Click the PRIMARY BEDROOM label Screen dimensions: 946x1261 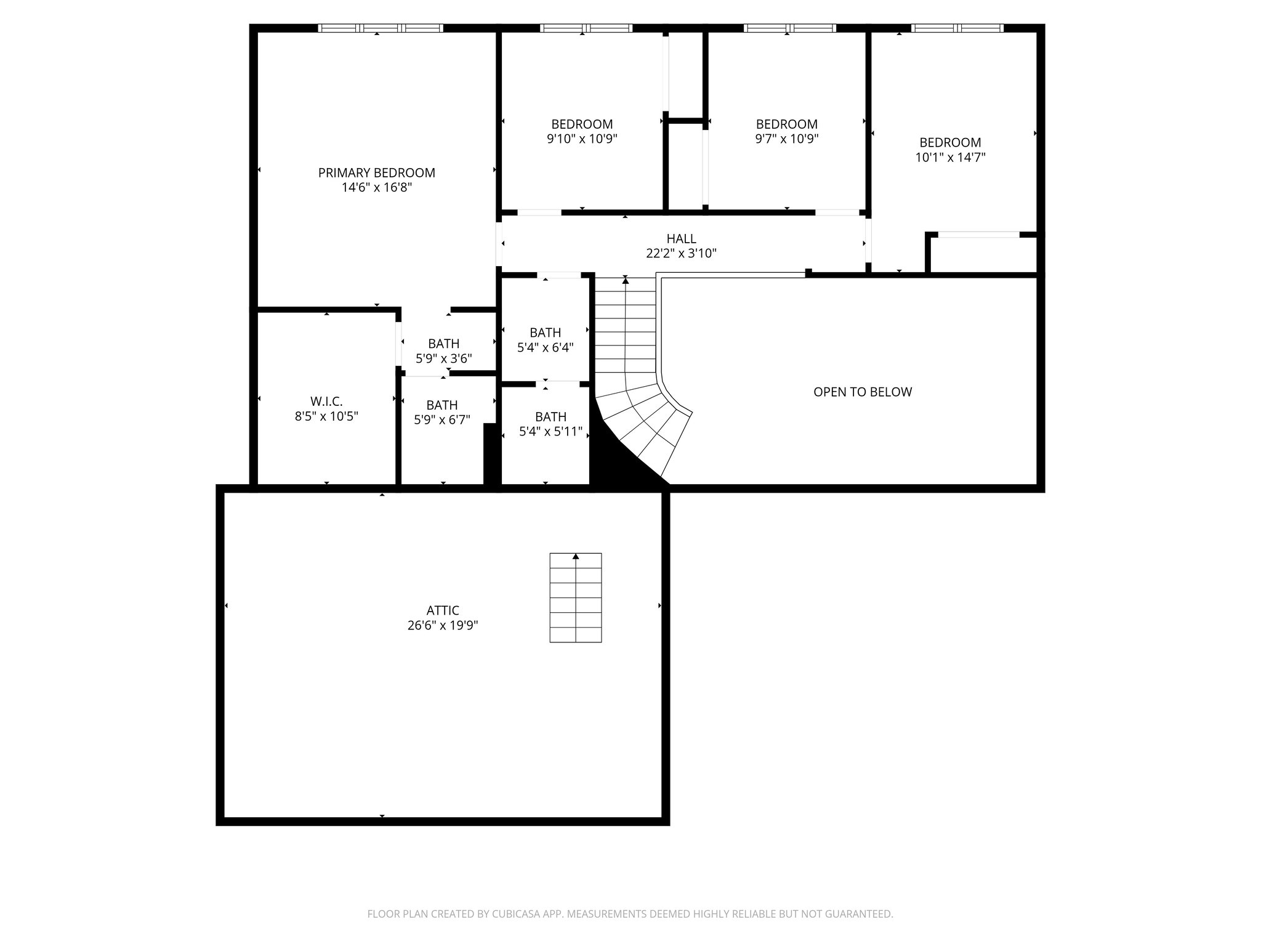[x=376, y=173]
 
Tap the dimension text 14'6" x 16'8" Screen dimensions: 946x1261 [x=376, y=188]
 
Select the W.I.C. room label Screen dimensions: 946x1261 [x=326, y=402]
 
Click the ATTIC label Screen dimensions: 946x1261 [x=443, y=610]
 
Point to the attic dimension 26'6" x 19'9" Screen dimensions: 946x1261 [x=443, y=626]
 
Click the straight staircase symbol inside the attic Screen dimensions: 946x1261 [x=575, y=597]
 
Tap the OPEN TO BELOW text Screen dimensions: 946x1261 [x=862, y=392]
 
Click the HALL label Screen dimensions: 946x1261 [x=681, y=238]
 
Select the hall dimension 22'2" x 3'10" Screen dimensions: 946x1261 [x=681, y=253]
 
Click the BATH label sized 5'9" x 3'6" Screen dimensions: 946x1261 [x=443, y=344]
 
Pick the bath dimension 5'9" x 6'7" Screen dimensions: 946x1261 [x=442, y=420]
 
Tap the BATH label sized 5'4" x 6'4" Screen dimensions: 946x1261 [x=545, y=333]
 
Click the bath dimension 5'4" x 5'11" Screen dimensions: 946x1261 [x=550, y=432]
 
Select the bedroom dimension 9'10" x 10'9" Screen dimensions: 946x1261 [x=582, y=139]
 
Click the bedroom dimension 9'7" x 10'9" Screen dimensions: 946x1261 [x=786, y=139]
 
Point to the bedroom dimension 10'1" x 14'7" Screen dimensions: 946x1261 [x=950, y=158]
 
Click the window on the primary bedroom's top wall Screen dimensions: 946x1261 [x=380, y=28]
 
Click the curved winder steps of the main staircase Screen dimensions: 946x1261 [x=647, y=419]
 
